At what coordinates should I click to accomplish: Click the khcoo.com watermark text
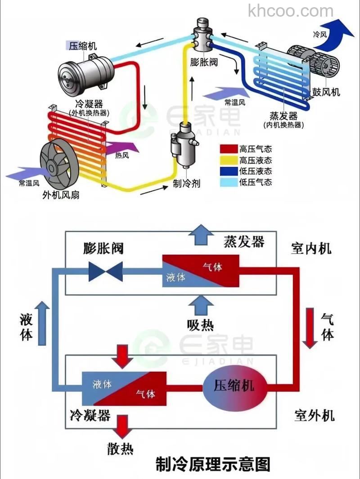coord(291,10)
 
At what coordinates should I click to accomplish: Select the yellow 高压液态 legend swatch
coord(229,160)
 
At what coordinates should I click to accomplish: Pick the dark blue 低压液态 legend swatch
coord(229,171)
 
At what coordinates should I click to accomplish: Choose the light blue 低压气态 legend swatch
coord(229,182)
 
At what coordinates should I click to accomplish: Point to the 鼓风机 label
coord(326,92)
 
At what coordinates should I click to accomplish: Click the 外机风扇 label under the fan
coord(61,195)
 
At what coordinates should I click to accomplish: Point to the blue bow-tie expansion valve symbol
coord(106,272)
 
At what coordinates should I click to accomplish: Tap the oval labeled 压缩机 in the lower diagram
coord(234,386)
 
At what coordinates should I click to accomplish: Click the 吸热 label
coord(200,324)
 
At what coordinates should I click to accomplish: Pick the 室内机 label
coord(311,248)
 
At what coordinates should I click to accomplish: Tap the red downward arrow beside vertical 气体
coord(310,328)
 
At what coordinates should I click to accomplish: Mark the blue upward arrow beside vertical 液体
coord(42,323)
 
